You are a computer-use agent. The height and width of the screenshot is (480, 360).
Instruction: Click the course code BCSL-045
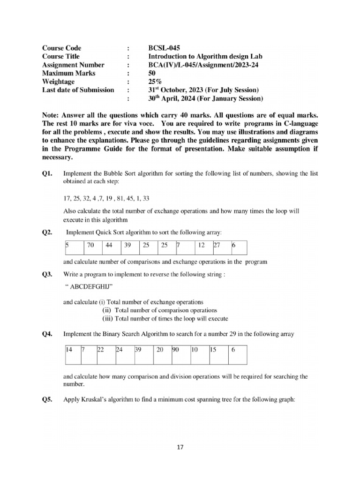click(164, 48)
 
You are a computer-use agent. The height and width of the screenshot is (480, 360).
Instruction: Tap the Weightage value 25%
click(154, 82)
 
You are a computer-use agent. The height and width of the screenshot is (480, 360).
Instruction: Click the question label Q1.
click(48, 174)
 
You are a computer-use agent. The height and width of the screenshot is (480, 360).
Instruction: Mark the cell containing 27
click(217, 245)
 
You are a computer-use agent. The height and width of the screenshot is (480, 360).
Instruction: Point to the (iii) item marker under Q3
click(107, 319)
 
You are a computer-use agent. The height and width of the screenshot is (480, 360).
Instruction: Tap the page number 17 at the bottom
click(180, 447)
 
